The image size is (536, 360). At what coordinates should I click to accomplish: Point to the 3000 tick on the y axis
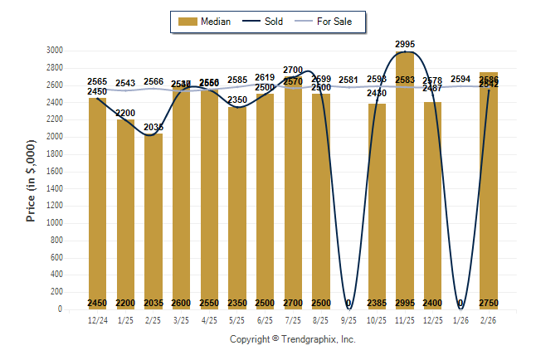55,51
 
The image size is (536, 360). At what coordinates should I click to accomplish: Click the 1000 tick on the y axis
55,223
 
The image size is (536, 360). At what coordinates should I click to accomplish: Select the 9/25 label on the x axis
349,319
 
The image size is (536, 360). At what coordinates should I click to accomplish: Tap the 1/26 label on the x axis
460,319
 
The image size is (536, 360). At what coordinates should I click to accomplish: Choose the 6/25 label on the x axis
266,319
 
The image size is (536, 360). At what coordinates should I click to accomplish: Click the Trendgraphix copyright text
292,340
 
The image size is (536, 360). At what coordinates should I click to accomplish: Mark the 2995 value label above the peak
405,43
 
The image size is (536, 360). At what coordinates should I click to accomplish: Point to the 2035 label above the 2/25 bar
153,127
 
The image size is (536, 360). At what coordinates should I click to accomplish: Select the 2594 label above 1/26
460,80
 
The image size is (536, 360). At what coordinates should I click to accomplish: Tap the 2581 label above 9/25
349,80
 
